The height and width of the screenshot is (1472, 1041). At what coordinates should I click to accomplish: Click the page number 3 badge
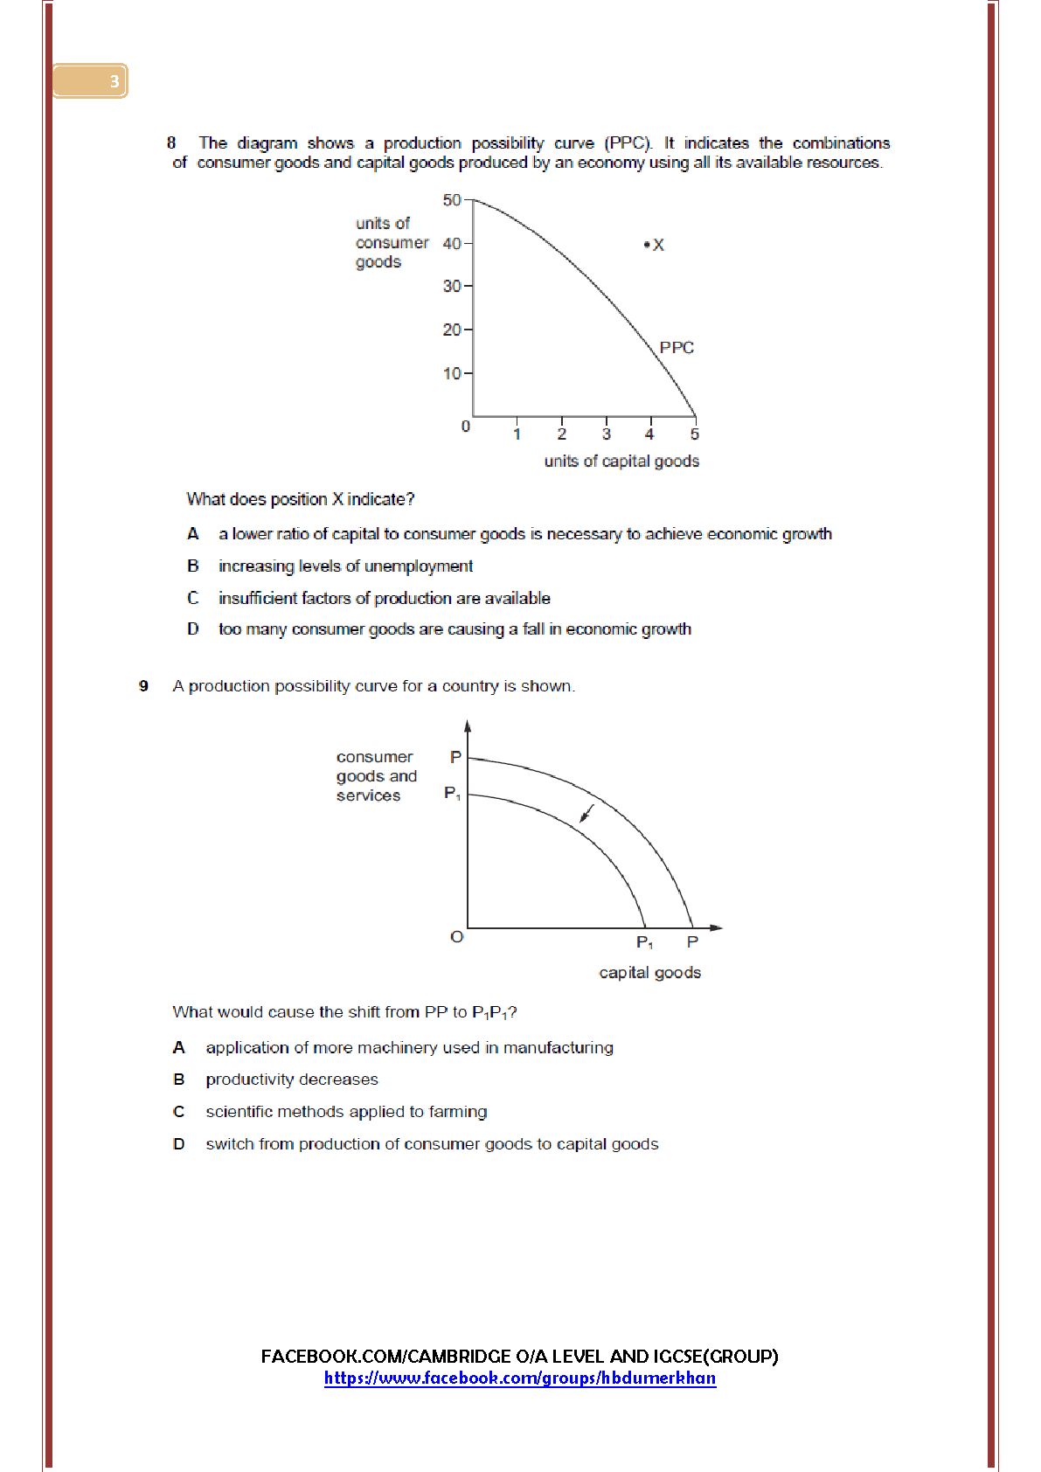click(x=114, y=81)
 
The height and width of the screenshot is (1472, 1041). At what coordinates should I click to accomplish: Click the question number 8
click(x=171, y=142)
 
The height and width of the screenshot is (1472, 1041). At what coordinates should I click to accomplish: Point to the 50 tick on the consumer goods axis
click(x=452, y=200)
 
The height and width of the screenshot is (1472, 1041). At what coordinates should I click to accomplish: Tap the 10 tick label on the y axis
click(x=452, y=373)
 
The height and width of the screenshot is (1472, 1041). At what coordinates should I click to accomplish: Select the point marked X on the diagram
click(x=647, y=245)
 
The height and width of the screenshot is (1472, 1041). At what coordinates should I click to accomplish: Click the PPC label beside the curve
click(x=677, y=348)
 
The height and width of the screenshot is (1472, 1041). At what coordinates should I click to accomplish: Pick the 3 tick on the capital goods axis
click(x=607, y=434)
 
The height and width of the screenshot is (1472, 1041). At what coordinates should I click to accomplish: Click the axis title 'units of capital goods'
click(x=621, y=461)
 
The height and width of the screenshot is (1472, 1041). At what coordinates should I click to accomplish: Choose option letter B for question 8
click(x=193, y=566)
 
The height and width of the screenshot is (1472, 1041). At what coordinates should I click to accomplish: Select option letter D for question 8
click(x=193, y=628)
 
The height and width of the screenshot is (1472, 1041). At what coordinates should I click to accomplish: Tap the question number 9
click(x=143, y=686)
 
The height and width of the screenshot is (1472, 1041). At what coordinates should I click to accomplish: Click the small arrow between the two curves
click(x=587, y=814)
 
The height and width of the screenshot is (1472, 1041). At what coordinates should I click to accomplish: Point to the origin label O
click(x=456, y=937)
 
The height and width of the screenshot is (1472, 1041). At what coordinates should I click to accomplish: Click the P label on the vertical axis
click(x=455, y=757)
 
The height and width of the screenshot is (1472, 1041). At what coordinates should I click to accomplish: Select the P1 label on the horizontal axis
click(x=644, y=942)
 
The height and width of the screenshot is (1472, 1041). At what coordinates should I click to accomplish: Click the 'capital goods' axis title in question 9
click(x=649, y=973)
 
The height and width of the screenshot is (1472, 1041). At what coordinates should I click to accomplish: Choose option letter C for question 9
click(x=179, y=1112)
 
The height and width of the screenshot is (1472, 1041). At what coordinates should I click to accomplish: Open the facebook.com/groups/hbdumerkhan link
click(x=520, y=1378)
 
